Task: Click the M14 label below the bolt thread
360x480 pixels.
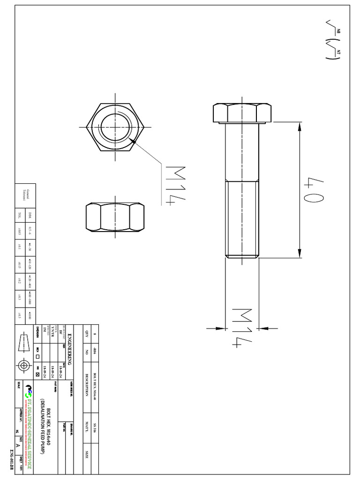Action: coord(242,328)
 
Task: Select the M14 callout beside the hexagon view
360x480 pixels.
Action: coord(174,186)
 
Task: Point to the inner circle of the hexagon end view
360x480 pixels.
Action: coord(114,127)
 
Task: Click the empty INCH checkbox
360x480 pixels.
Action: coord(38,357)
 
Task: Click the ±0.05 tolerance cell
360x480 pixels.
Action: coord(19,229)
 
